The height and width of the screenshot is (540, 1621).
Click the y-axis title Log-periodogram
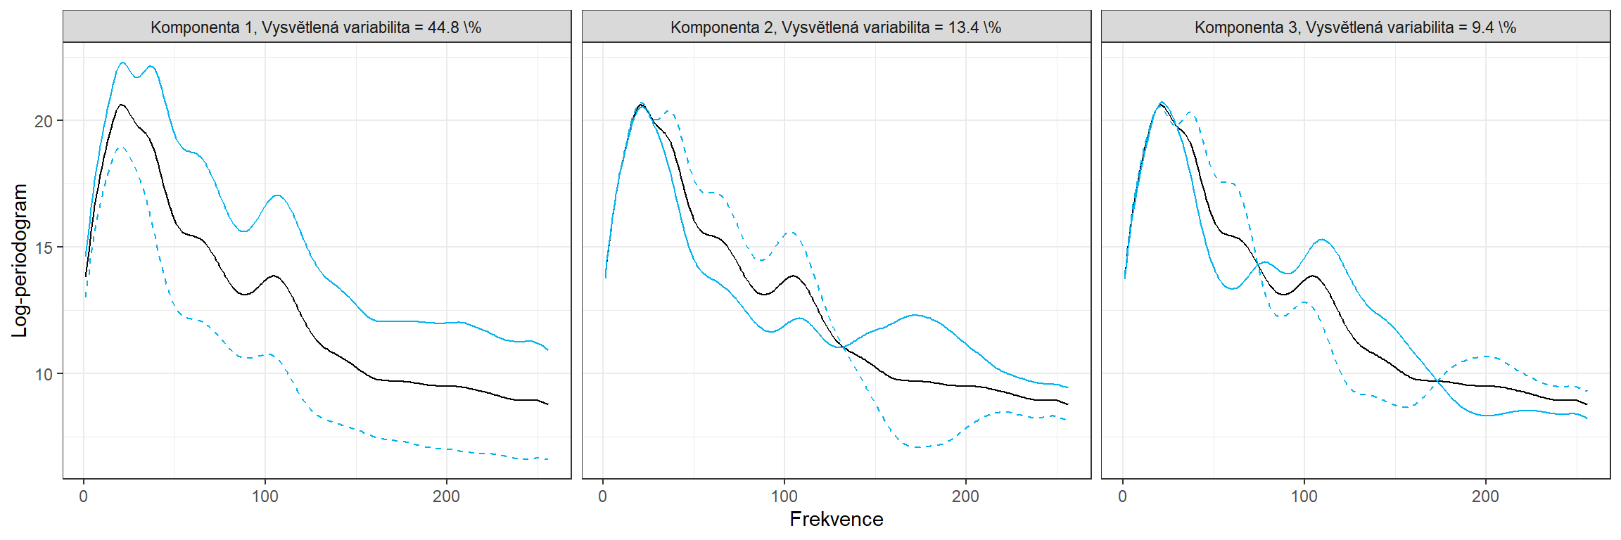pyautogui.click(x=20, y=260)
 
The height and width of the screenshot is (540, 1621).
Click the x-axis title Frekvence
pyautogui.click(x=836, y=520)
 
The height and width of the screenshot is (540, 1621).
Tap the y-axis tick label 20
pyautogui.click(x=44, y=121)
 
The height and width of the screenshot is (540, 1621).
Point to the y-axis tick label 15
pyautogui.click(x=44, y=247)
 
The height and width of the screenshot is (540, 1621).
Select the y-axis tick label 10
pyautogui.click(x=44, y=374)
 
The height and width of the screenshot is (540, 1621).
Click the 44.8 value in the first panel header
pyautogui.click(x=445, y=27)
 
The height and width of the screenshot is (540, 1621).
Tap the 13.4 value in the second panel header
pyautogui.click(x=963, y=27)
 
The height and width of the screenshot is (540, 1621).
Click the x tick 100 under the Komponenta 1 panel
pyautogui.click(x=265, y=496)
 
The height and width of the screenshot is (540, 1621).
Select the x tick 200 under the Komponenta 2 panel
pyautogui.click(x=965, y=496)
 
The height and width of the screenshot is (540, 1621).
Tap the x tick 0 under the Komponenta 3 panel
pyautogui.click(x=1123, y=496)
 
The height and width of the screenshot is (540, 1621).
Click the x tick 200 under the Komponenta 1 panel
pyautogui.click(x=446, y=496)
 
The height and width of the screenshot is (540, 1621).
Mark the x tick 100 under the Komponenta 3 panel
pyautogui.click(x=1304, y=496)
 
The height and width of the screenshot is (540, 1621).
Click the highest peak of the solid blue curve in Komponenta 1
pyautogui.click(x=122, y=63)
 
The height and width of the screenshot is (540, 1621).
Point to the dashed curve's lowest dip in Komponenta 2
pyautogui.click(x=918, y=447)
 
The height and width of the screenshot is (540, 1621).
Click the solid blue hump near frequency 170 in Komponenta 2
pyautogui.click(x=914, y=315)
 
